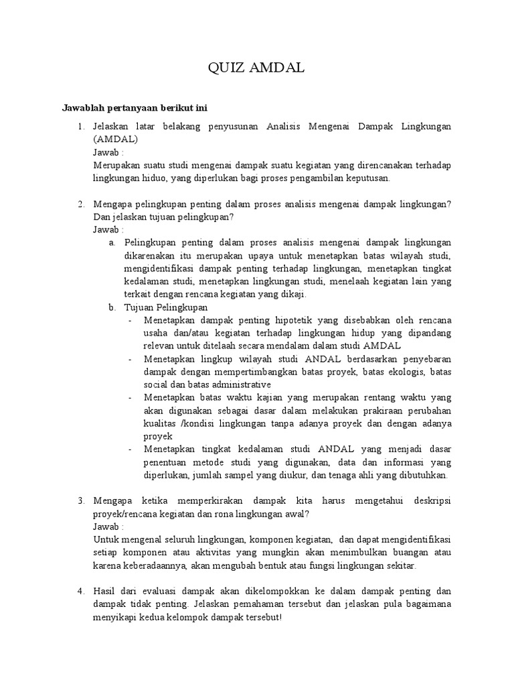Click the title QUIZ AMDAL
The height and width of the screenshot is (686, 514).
257,67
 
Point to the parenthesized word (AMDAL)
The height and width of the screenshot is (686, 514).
116,139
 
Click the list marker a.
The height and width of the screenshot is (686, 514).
111,243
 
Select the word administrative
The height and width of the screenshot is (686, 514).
236,385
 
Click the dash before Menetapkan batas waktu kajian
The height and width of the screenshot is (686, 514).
130,397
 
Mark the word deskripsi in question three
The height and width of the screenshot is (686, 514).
429,501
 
